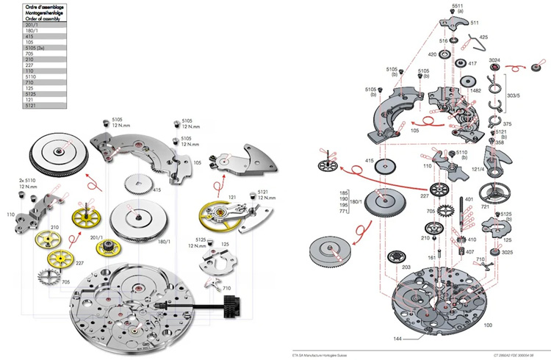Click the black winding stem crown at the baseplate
(x=234, y=303)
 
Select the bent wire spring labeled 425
(x=478, y=46)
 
